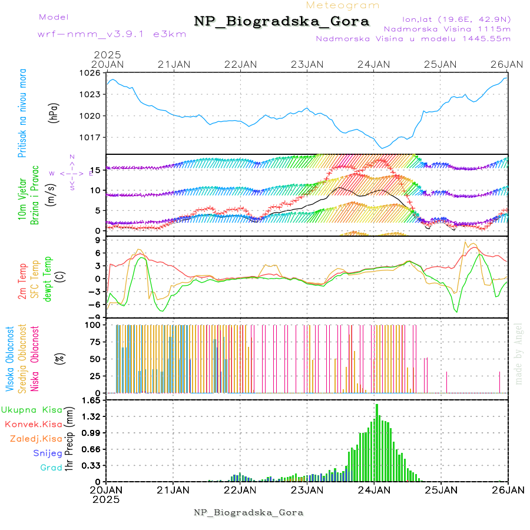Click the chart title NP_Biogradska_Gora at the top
(281, 22)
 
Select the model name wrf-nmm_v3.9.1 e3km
(103, 34)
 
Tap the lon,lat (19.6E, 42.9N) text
(456, 19)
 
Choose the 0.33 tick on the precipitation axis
(91, 466)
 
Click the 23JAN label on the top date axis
(307, 64)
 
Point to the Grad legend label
(51, 468)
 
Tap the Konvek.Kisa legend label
(33, 425)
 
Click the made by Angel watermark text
(519, 353)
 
